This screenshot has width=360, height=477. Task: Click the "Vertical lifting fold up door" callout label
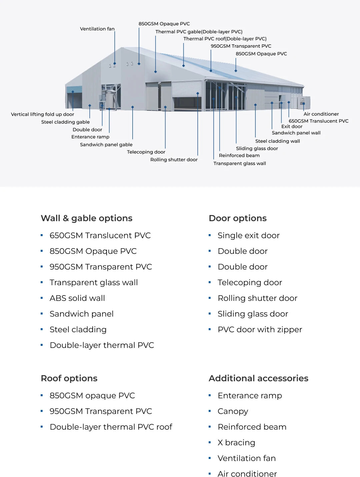pos(42,114)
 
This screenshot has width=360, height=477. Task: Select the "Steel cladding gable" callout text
pos(65,122)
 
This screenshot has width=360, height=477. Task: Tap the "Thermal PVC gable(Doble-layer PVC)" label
pos(199,32)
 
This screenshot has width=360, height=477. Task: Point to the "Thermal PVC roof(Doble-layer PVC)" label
pos(225,39)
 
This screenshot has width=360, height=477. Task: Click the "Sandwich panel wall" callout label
pos(296,133)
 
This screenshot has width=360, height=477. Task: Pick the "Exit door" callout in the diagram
pos(292,126)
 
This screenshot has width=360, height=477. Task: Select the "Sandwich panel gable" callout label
pos(106,144)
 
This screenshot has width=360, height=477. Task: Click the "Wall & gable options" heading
pos(86,218)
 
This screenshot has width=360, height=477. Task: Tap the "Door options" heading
pos(237,218)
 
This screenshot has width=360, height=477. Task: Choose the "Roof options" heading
pos(69,378)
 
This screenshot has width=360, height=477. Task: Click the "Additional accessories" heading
pos(258,378)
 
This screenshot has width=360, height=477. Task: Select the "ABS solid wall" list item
pos(77,298)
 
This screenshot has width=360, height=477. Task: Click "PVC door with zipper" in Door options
pos(260,330)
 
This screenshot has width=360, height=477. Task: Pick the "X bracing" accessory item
pos(236,443)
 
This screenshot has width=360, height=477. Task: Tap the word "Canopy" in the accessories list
pos(233,411)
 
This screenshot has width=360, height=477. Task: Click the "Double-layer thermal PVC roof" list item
pos(111,427)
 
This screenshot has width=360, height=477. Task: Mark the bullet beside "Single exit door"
pos(210,235)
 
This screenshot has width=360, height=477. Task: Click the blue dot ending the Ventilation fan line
pos(115,63)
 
